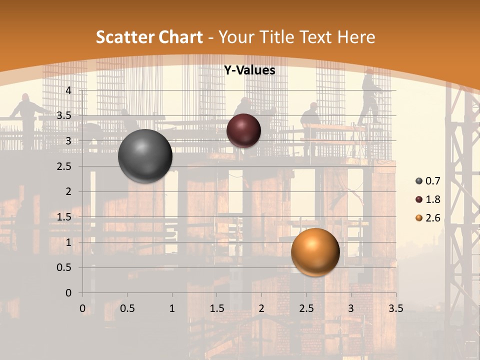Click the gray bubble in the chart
[145, 156]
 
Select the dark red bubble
[243, 130]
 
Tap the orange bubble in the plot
[315, 252]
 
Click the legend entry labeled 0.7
[428, 181]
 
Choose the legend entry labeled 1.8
[428, 199]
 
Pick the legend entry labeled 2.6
[428, 218]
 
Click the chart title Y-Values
[249, 70]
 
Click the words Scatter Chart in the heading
[149, 37]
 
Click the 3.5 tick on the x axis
[395, 308]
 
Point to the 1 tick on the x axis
[172, 308]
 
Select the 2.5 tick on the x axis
[306, 308]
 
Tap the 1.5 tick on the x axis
[216, 308]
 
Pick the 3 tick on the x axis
[351, 308]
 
